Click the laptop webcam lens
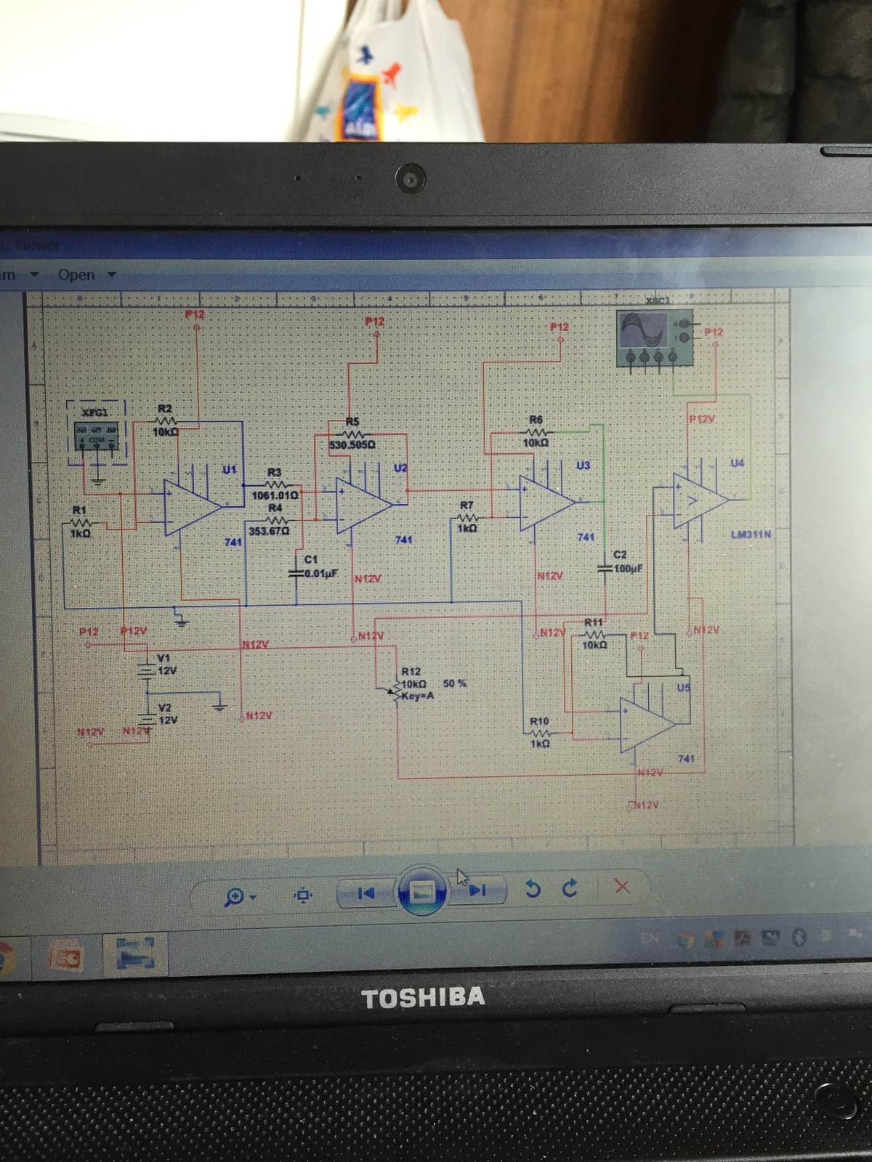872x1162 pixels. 411,178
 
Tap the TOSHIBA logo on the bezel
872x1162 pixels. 423,997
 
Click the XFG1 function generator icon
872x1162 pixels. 97,434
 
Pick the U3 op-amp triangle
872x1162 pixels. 546,503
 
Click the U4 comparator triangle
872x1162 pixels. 698,500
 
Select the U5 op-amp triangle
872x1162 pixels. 646,725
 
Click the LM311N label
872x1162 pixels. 751,535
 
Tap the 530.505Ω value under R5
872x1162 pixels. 352,444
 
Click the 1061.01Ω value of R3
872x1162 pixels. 275,495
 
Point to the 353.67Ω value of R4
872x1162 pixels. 269,531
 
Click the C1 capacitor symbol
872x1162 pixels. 296,574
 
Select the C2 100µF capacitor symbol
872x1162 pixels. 605,569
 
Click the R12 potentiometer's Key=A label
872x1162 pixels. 418,696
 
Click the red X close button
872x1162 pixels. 621,887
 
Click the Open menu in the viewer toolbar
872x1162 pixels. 76,275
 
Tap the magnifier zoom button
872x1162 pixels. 235,897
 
